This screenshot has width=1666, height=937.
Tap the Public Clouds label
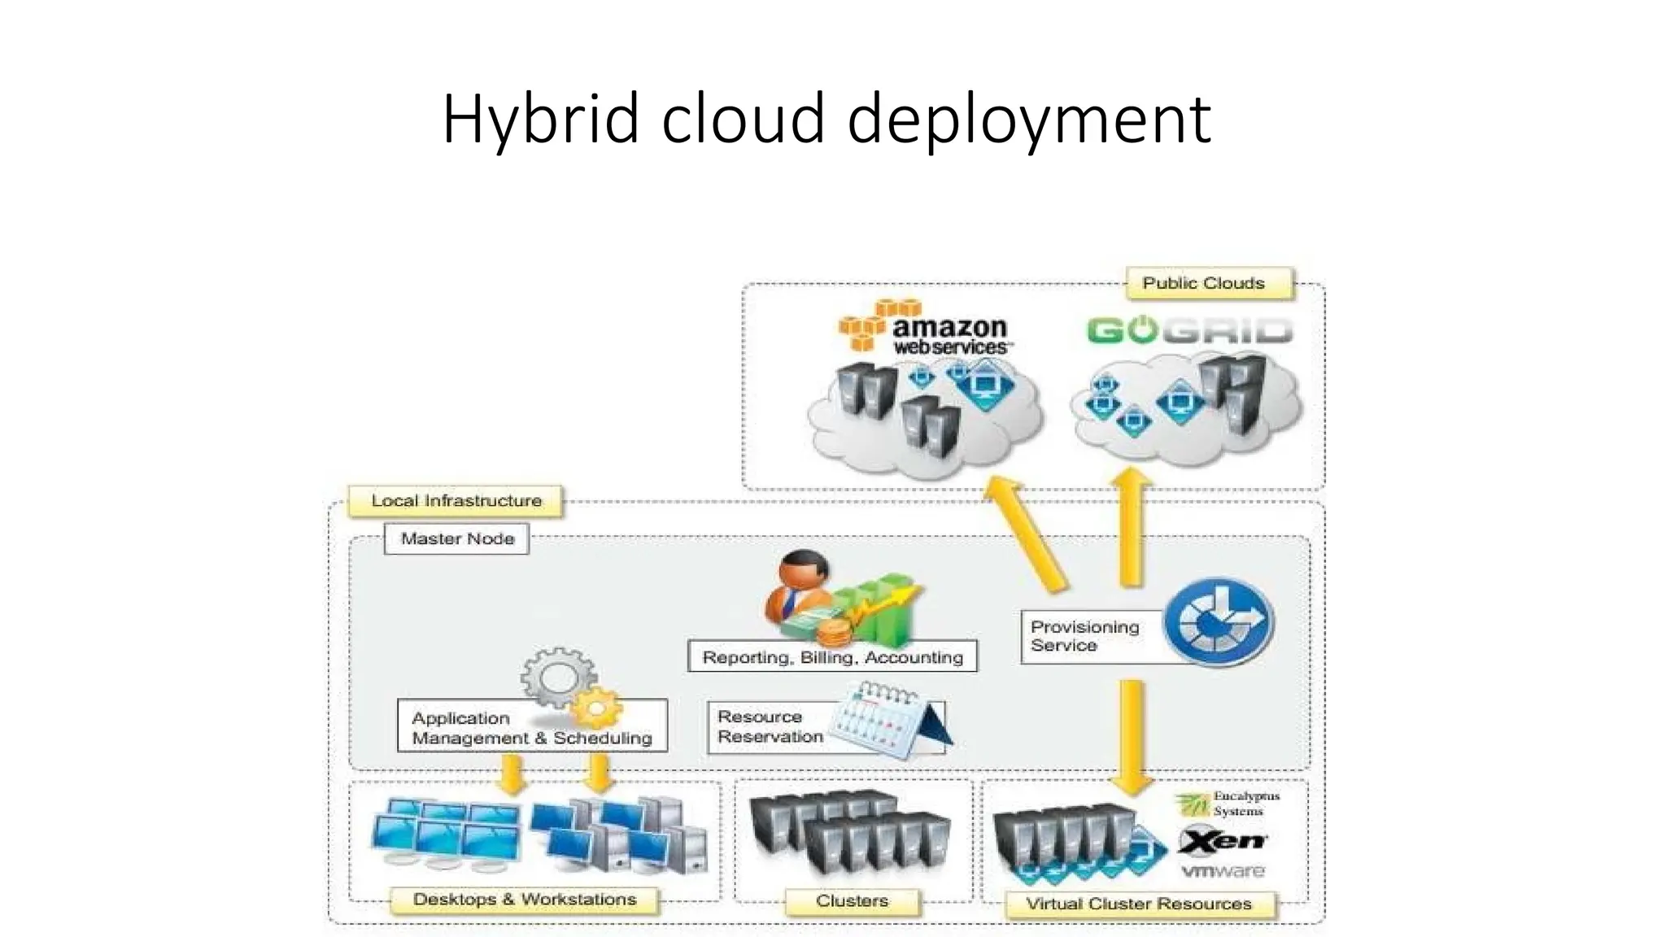click(1203, 283)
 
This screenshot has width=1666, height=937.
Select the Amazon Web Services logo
click(927, 329)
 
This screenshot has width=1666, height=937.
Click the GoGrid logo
click(1188, 331)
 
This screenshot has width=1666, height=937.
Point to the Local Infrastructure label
click(456, 501)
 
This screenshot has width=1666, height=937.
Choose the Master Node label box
click(457, 538)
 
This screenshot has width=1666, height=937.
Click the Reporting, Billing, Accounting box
click(832, 657)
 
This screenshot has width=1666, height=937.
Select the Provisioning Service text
click(1084, 636)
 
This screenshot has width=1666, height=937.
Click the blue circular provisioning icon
click(1218, 622)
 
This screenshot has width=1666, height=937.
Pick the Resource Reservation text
click(770, 727)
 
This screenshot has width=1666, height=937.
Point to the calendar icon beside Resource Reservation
click(888, 721)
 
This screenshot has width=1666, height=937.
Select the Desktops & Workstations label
click(525, 900)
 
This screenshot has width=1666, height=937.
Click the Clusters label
click(852, 901)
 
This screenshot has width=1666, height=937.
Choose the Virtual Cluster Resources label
click(1138, 904)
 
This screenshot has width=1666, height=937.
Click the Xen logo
click(1223, 841)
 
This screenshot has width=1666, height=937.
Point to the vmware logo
click(1223, 871)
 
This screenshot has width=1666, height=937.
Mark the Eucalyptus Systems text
click(1245, 804)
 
